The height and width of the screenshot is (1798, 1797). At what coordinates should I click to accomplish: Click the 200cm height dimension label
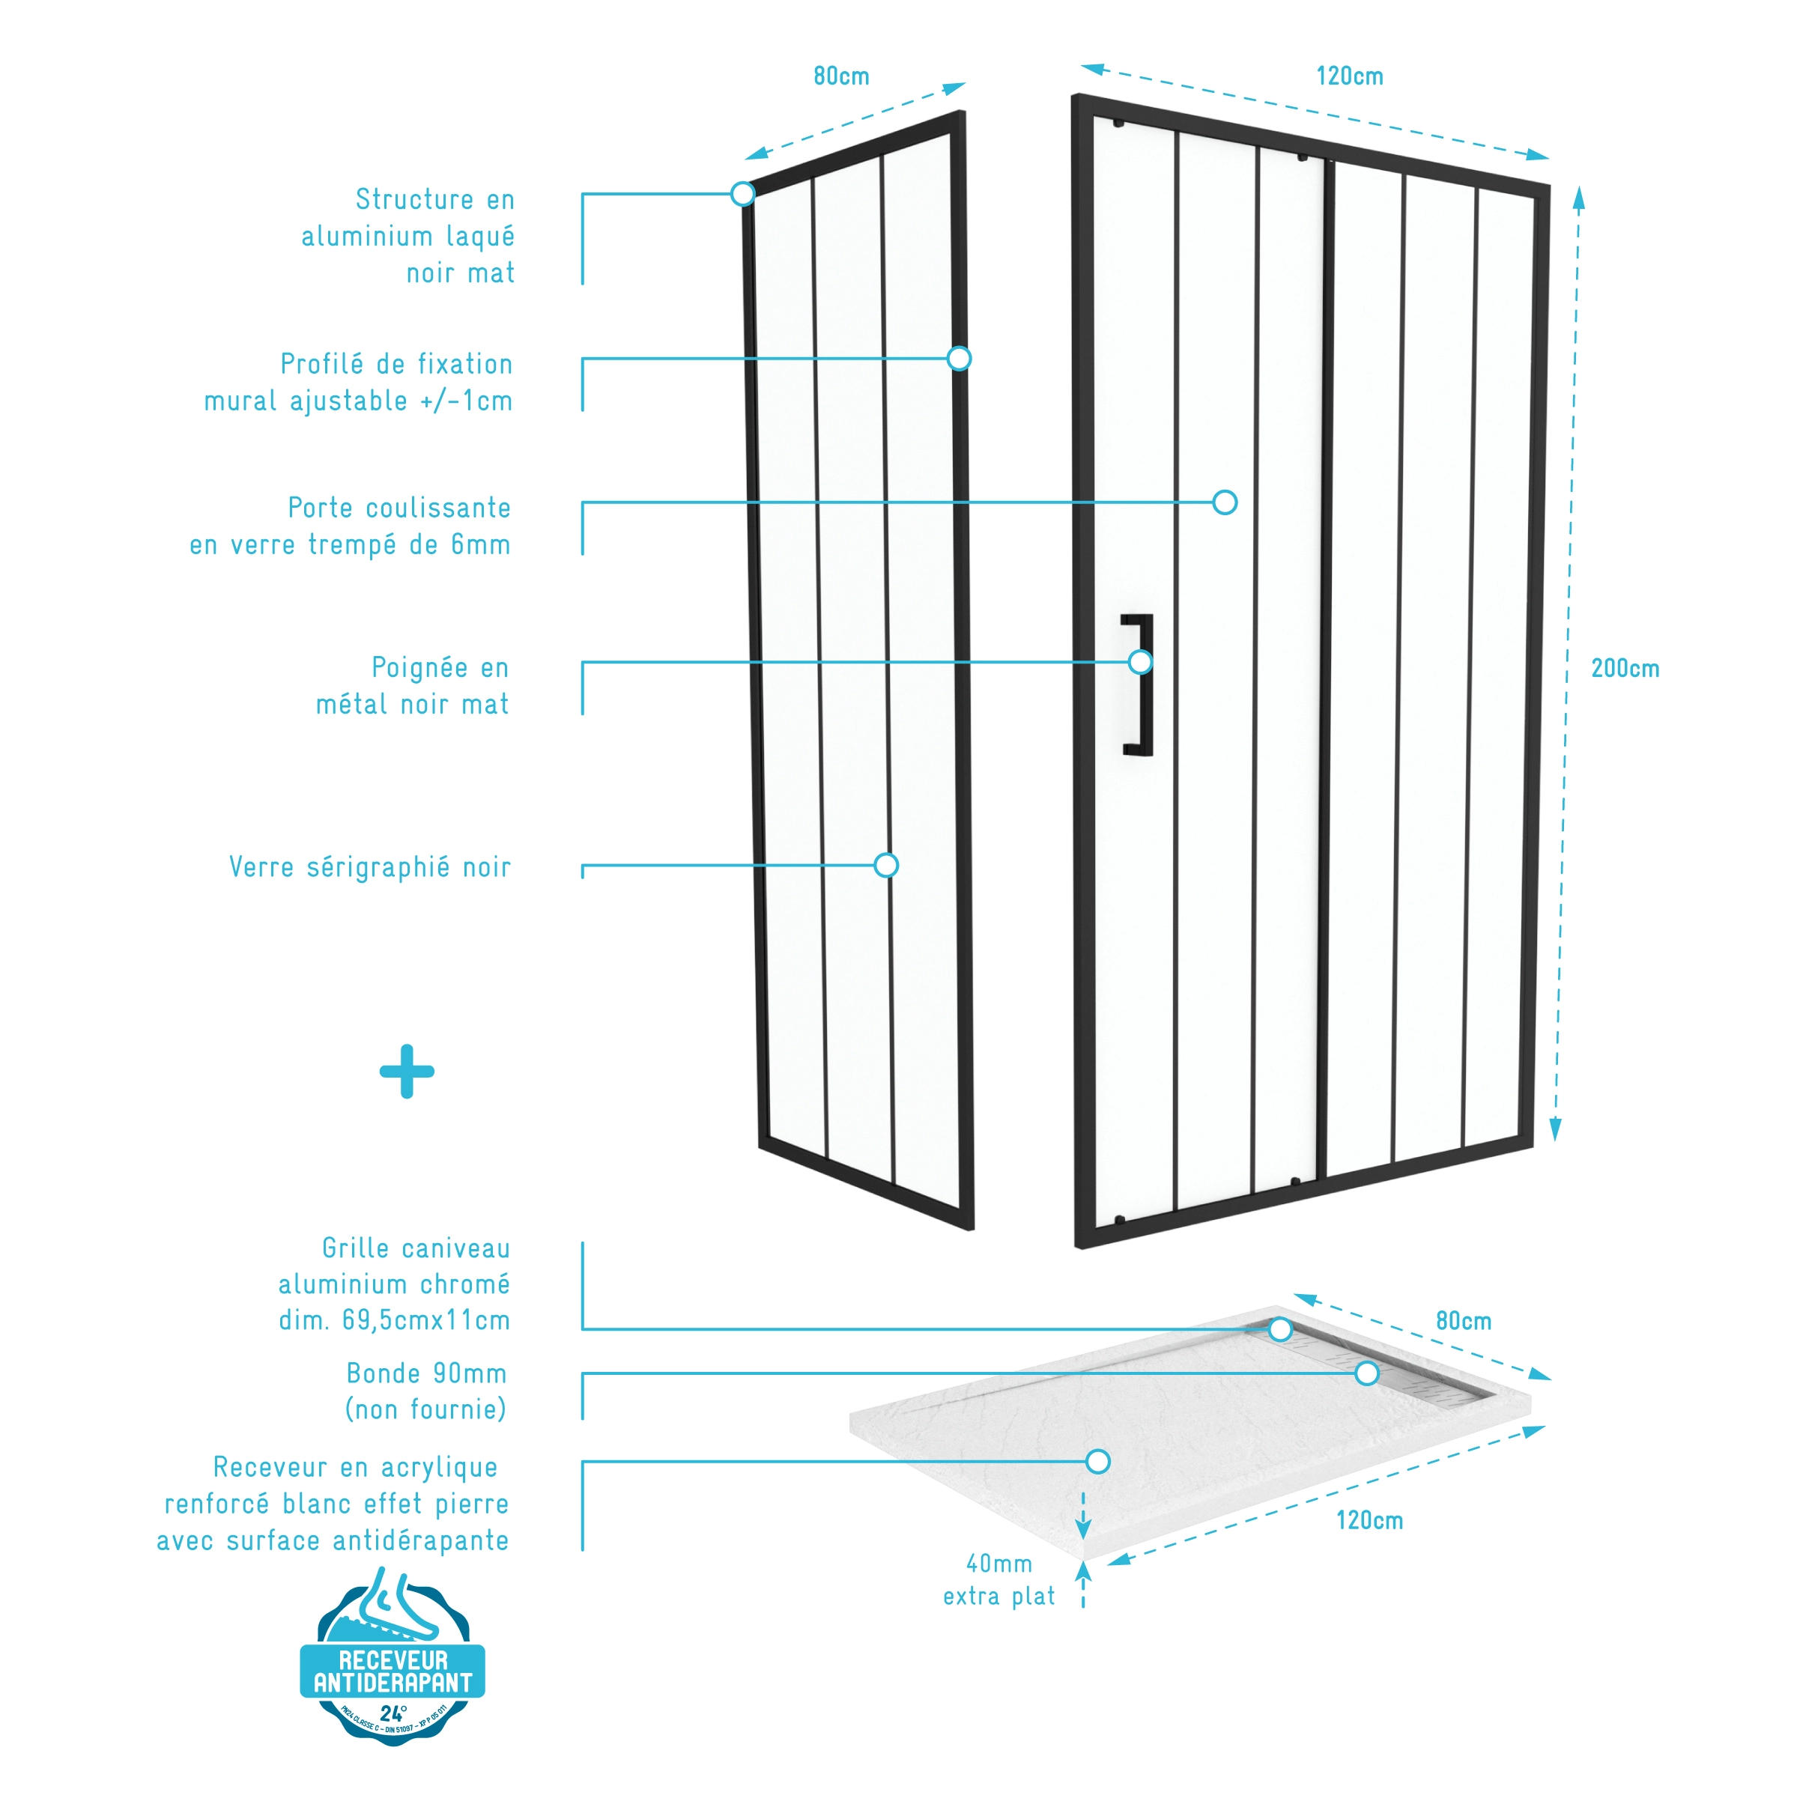point(1624,668)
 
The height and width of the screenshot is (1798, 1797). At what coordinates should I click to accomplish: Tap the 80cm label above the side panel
point(840,76)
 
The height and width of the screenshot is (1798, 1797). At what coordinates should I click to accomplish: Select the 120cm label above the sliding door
point(1349,76)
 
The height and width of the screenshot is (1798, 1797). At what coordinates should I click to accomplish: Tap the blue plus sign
point(407,1071)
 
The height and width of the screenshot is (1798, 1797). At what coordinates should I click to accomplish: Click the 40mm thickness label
point(999,1564)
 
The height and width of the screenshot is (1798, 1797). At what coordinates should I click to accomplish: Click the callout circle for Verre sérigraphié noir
point(886,866)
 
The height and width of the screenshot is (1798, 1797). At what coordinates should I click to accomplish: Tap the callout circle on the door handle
point(1139,662)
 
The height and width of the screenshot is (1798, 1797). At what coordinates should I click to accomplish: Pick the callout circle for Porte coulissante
point(1225,502)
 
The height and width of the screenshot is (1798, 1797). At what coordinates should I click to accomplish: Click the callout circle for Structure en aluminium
point(742,193)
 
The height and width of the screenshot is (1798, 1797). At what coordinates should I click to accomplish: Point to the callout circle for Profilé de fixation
point(959,358)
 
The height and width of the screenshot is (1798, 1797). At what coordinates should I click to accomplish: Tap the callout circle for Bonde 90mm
point(1367,1373)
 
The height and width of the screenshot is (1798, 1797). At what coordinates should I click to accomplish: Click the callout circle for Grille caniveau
point(1280,1329)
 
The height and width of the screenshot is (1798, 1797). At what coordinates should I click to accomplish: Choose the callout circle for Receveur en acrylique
point(1098,1461)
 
